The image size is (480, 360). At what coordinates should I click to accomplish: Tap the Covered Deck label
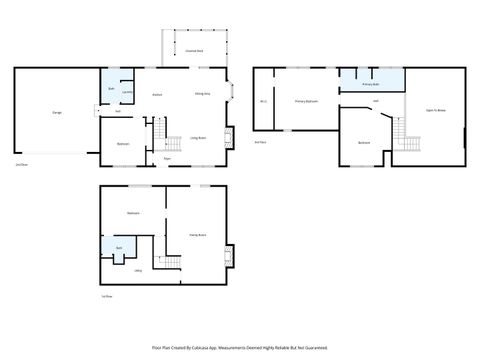[194, 49]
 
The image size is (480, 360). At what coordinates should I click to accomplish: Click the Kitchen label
[157, 94]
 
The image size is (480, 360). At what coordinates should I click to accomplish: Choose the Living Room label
[198, 137]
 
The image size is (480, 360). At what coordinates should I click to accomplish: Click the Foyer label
[168, 158]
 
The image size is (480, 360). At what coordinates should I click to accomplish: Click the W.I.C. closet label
[263, 102]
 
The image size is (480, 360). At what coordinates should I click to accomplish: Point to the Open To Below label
[436, 109]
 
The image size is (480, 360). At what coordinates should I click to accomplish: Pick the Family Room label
[197, 235]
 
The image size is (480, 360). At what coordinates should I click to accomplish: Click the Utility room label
[138, 270]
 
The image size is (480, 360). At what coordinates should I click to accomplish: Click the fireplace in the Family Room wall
[231, 258]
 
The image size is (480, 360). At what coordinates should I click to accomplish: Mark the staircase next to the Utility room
[170, 262]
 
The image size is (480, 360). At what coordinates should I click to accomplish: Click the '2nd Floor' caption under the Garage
[21, 164]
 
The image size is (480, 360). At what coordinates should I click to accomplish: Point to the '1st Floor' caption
[107, 297]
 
